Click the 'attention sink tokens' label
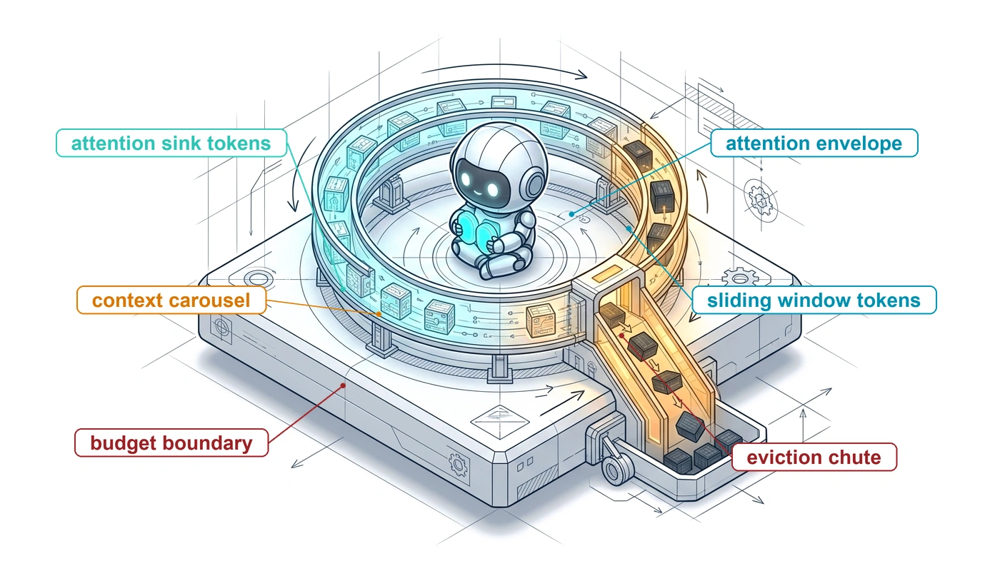pyautogui.click(x=171, y=143)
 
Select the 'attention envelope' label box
pyautogui.click(x=814, y=143)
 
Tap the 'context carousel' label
pyautogui.click(x=171, y=300)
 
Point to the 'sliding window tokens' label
pyautogui.click(x=814, y=300)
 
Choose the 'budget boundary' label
pyautogui.click(x=171, y=443)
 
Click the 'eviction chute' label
pyautogui.click(x=814, y=458)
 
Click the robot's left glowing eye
pyautogui.click(x=466, y=179)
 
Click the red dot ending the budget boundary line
pyautogui.click(x=343, y=385)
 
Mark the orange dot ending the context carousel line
pyautogui.click(x=379, y=314)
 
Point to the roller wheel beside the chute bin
pyautogui.click(x=617, y=468)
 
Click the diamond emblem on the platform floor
pyautogui.click(x=499, y=422)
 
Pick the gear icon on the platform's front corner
pyautogui.click(x=459, y=465)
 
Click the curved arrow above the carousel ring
pyautogui.click(x=504, y=71)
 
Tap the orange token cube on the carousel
pyautogui.click(x=541, y=320)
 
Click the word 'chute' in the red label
pyautogui.click(x=854, y=458)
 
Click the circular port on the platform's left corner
pyautogui.click(x=258, y=279)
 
